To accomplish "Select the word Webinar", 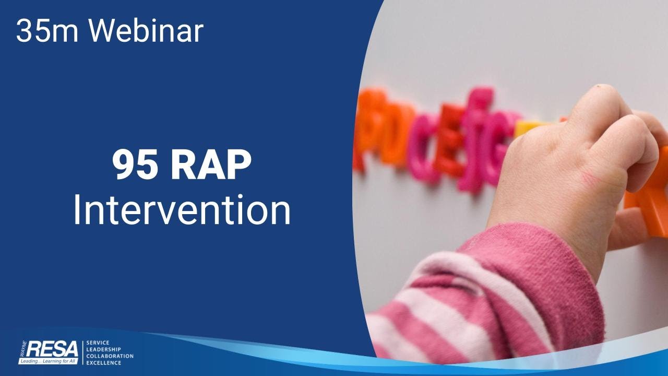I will (146, 31).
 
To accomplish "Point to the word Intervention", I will (181, 209).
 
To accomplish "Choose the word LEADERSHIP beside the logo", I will (103, 349).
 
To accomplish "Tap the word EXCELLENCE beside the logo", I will (103, 362).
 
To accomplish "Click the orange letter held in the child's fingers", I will (652, 198).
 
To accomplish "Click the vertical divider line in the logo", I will (82, 352).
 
